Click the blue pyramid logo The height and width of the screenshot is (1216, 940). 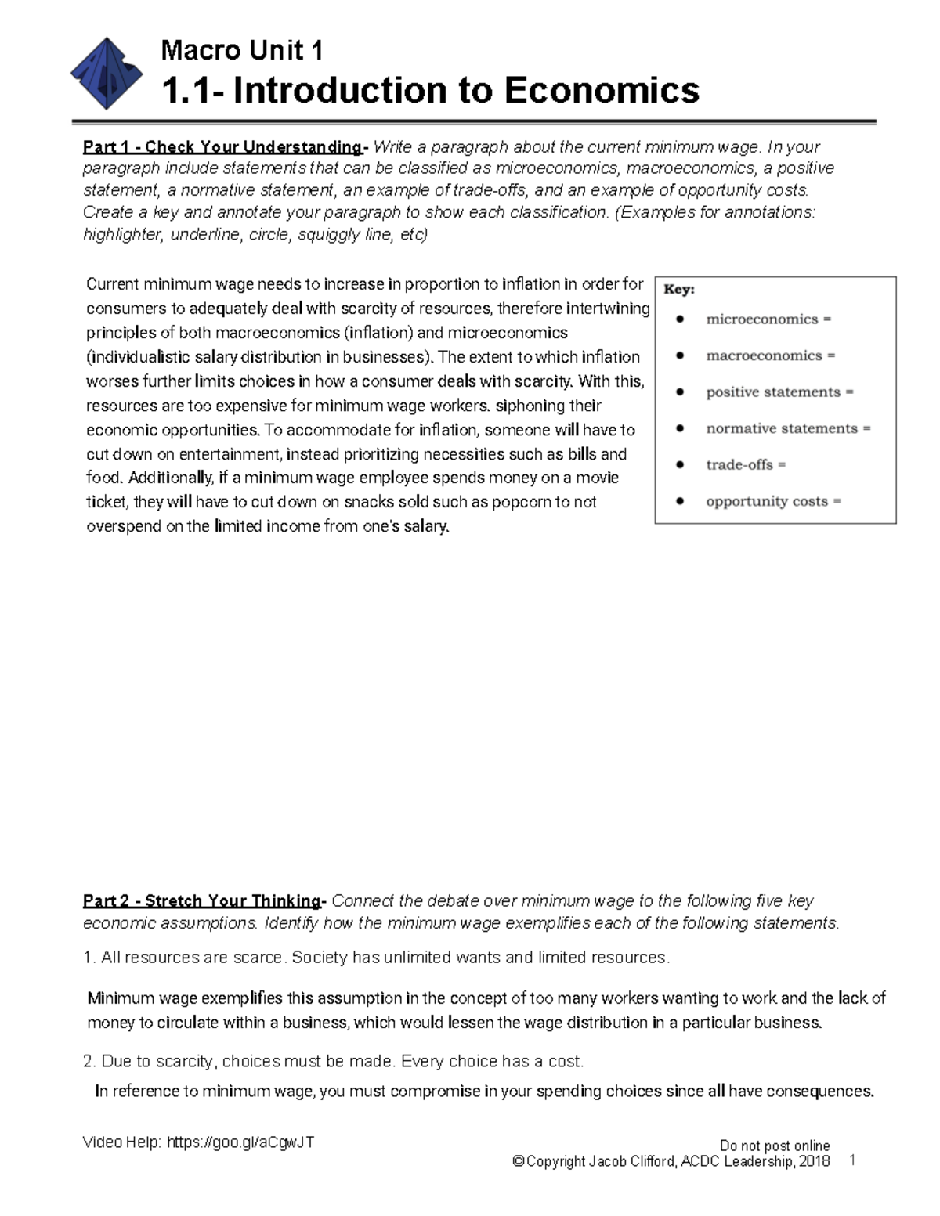point(107,74)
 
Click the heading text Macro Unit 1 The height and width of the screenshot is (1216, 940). point(241,51)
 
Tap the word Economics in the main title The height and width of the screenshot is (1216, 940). point(601,90)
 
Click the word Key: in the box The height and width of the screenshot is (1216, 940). point(679,290)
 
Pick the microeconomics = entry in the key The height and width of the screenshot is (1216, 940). point(768,319)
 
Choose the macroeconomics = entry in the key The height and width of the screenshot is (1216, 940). point(770,355)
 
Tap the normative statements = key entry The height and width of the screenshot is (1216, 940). point(788,428)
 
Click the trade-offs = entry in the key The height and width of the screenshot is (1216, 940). point(746,465)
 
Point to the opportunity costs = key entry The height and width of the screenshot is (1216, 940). point(773,501)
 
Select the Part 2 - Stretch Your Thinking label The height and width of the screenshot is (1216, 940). point(202,900)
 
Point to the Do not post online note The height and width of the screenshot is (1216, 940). point(774,1146)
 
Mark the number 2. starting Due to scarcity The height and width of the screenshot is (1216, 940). point(89,1062)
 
